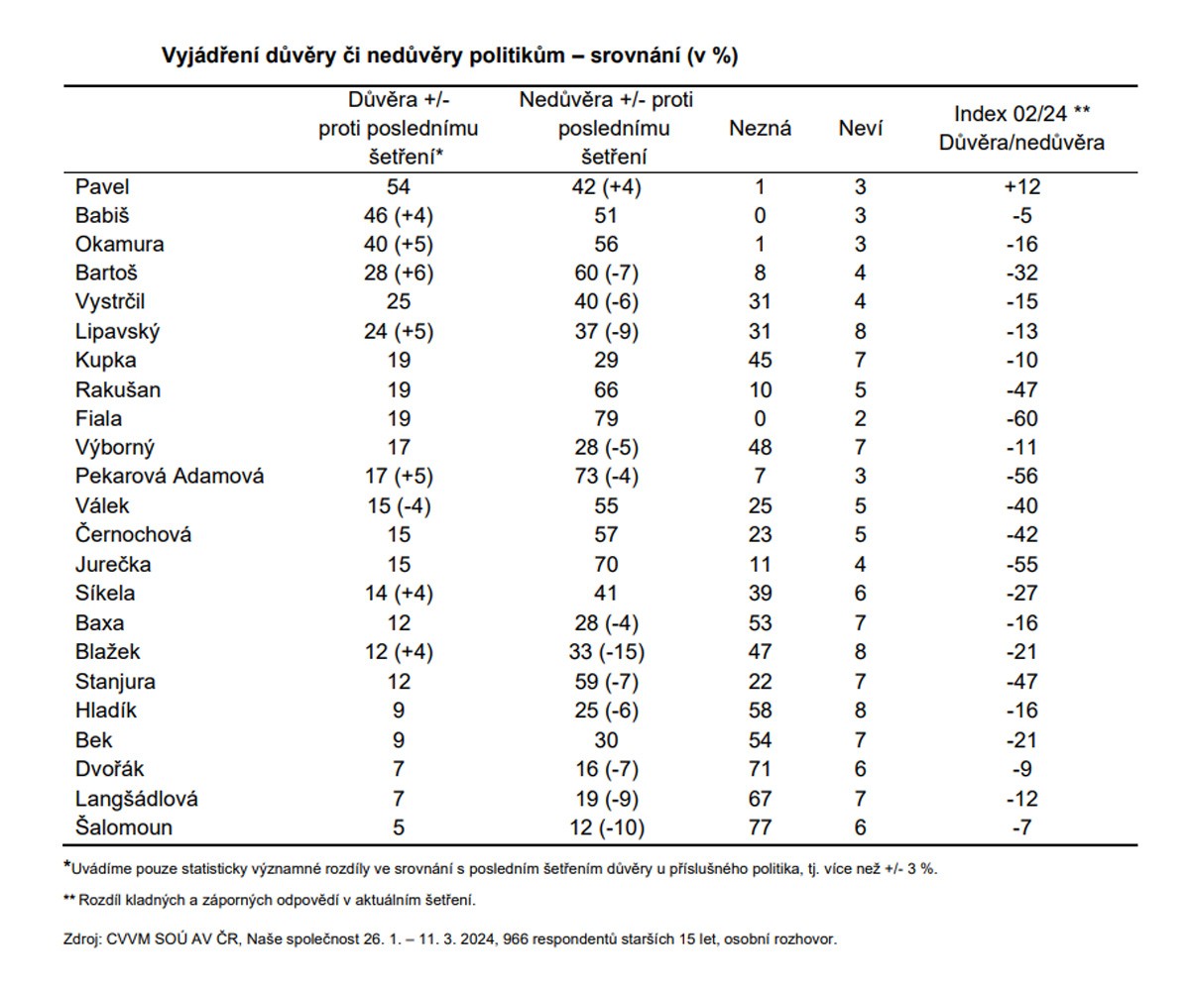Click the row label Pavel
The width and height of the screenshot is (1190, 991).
tap(102, 187)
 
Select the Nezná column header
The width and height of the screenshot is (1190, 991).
tap(760, 128)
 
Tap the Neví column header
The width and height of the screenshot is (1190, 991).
tap(860, 128)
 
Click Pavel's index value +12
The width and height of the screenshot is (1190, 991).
tap(1021, 187)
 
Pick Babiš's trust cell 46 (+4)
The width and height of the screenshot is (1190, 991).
tap(399, 215)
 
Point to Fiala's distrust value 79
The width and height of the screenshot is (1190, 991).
tap(606, 418)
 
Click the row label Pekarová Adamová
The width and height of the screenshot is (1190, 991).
tap(170, 476)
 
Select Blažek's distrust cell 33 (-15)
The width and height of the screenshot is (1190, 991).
tap(606, 651)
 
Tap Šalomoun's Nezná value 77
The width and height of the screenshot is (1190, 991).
tap(760, 826)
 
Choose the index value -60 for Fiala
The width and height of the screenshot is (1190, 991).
tap(1021, 418)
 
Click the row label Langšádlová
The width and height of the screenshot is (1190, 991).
tap(136, 799)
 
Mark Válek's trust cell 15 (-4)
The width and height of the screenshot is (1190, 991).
tap(399, 505)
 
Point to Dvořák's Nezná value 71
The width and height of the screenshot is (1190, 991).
tap(760, 769)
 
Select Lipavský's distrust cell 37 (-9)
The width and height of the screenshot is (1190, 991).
tap(606, 331)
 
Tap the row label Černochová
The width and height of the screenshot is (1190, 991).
tap(133, 534)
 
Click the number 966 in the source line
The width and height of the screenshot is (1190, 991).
tap(515, 938)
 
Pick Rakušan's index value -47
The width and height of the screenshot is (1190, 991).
tap(1021, 389)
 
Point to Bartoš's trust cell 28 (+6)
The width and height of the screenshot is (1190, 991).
tap(399, 273)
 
